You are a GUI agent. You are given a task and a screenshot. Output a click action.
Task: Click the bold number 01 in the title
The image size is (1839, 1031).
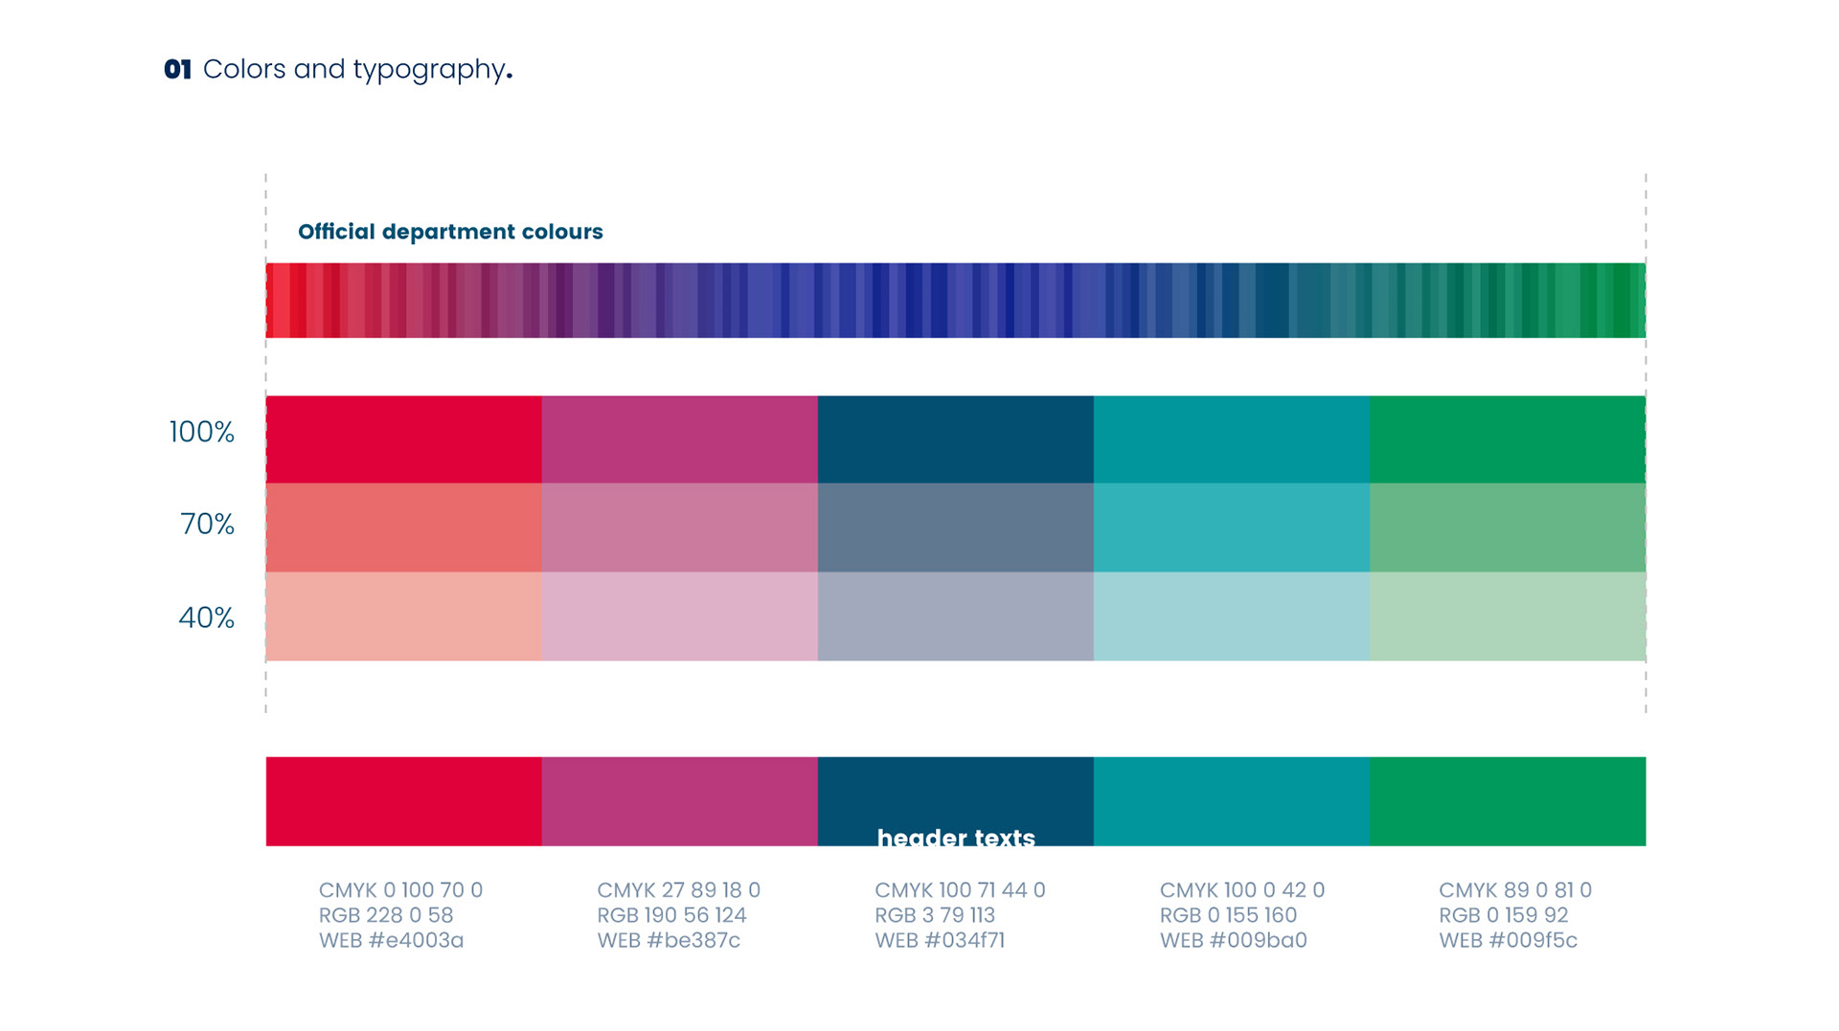177,70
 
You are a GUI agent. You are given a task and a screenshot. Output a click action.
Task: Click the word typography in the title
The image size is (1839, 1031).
429,70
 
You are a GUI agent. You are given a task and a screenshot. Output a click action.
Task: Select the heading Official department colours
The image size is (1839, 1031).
450,232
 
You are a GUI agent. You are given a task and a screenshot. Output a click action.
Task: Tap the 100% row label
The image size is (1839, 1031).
202,432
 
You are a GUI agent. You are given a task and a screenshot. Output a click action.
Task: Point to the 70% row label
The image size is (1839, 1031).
207,524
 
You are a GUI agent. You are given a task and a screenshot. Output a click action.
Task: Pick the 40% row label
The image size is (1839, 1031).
206,617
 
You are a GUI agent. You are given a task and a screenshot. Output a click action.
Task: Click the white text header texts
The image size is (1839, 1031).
956,838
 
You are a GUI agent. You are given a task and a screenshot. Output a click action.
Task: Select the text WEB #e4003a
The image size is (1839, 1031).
391,940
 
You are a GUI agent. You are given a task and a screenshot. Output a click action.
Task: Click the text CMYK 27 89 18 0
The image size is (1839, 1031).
678,890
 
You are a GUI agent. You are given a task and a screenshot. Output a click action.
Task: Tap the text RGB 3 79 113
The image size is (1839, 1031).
935,915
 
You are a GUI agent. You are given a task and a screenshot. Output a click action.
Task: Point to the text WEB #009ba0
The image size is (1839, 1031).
1233,940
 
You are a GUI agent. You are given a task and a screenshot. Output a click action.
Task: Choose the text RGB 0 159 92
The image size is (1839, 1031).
1503,915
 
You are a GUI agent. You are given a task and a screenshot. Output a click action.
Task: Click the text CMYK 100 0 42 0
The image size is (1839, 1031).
1241,890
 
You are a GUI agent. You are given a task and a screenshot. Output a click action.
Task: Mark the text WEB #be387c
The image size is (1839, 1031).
669,940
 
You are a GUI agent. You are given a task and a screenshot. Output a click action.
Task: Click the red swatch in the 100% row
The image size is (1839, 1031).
403,439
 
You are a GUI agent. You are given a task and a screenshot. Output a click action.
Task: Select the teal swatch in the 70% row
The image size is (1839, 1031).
1231,527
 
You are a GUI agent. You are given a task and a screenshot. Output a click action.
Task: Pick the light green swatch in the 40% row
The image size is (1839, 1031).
1507,616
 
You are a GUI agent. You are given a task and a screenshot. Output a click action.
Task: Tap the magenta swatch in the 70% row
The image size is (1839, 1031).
679,527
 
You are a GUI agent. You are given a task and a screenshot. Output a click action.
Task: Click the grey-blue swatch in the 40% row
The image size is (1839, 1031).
955,616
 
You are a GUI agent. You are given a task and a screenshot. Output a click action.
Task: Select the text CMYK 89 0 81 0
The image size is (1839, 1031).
1514,890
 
